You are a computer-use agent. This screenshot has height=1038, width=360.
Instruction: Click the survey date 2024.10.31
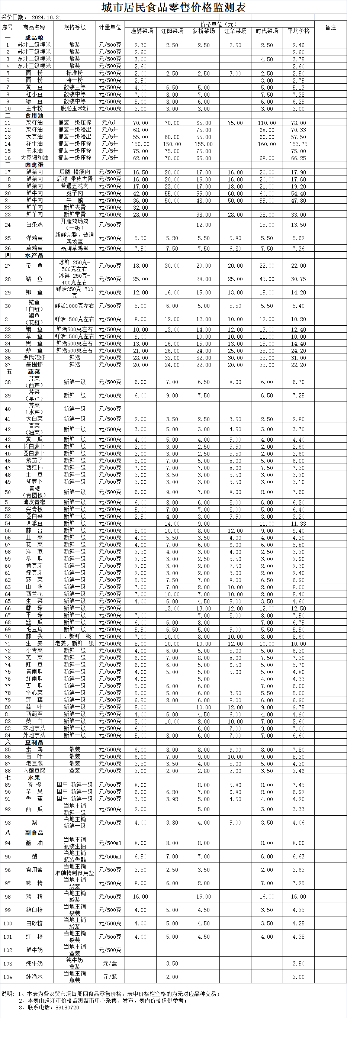point(46,18)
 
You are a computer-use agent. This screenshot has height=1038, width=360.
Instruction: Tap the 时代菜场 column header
point(267,31)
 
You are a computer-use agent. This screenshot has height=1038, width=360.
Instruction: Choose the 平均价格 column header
point(299,31)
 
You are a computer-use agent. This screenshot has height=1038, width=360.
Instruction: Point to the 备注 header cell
point(330,28)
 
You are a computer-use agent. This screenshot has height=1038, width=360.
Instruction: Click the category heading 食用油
point(34,116)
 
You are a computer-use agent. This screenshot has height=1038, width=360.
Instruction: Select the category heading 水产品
point(34,255)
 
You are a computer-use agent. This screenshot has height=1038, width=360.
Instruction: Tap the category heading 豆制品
point(34,742)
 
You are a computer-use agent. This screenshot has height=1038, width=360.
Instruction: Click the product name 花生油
point(34,144)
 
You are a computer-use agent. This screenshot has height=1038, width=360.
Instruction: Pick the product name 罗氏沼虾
point(34,358)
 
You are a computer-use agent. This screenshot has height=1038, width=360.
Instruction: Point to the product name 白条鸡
point(34,225)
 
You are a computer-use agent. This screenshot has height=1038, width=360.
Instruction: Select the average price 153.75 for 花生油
point(299,144)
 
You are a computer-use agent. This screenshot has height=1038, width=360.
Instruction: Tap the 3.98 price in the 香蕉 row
point(172,799)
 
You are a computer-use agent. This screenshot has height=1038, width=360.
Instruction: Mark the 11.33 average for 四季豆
point(299,524)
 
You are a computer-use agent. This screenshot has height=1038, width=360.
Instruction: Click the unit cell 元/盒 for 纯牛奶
point(110,963)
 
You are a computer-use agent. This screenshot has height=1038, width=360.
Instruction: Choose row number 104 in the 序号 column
point(8,977)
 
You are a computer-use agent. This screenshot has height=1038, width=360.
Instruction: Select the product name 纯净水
point(34,977)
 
